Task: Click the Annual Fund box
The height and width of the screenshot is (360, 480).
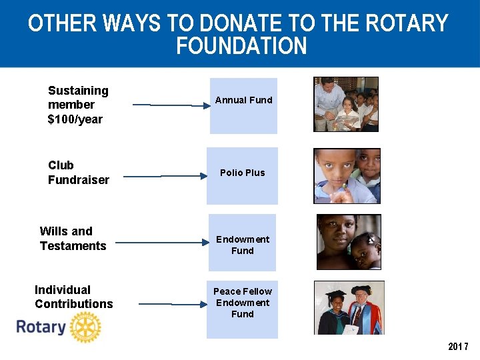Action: tap(243, 105)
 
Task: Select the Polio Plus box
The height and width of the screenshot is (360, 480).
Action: tap(242, 175)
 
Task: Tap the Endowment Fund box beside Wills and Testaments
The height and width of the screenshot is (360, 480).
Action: tap(242, 243)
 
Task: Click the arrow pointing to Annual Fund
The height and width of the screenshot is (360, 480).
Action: tap(170, 105)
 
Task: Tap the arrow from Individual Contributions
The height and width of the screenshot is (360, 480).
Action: tap(173, 304)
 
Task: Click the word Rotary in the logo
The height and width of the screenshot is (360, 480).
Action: tap(41, 327)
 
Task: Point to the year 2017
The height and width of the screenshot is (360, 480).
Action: tap(458, 347)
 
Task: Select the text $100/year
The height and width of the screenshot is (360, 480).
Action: tap(75, 119)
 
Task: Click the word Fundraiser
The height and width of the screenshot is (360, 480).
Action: tap(79, 180)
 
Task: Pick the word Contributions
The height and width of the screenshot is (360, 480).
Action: tap(74, 304)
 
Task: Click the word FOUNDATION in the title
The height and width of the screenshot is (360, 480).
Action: tap(241, 47)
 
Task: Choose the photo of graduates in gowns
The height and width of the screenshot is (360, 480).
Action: tap(349, 307)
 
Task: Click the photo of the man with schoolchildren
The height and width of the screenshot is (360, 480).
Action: tap(346, 104)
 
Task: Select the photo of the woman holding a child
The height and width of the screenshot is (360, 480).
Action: tap(349, 242)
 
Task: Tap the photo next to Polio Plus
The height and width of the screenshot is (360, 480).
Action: tap(347, 176)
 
